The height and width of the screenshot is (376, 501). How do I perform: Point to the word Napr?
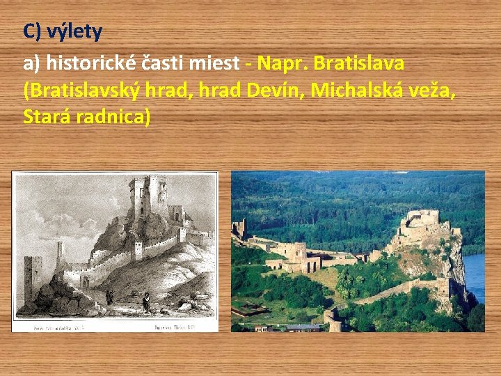coord(283,63)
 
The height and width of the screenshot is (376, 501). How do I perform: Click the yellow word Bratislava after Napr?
coord(359,63)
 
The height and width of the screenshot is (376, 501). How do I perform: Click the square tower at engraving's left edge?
coord(32,282)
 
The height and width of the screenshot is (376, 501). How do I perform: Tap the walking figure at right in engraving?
coord(145,301)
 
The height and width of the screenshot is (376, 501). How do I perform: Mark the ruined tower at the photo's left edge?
coord(241,228)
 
